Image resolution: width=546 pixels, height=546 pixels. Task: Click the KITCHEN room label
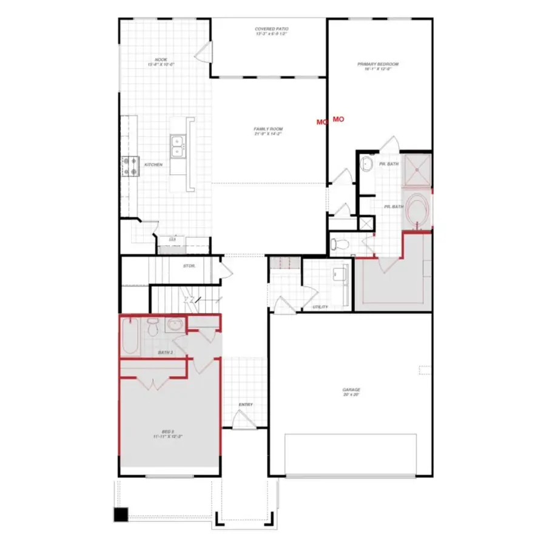click(152, 164)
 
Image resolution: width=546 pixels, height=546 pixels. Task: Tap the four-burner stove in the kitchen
click(130, 165)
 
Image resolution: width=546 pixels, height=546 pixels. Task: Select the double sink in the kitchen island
click(178, 146)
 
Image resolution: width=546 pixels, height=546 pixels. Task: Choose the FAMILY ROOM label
click(268, 131)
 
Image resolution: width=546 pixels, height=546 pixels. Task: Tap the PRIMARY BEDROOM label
click(381, 66)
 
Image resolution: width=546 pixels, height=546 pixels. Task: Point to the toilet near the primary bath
click(340, 244)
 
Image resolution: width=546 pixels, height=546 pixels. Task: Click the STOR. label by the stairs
click(189, 266)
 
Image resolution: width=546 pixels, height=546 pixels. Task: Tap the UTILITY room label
click(320, 307)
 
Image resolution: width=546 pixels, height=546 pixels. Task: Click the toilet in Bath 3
click(153, 328)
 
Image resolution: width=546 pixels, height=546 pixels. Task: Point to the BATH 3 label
click(166, 352)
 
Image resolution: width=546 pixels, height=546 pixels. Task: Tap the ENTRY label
click(245, 405)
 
